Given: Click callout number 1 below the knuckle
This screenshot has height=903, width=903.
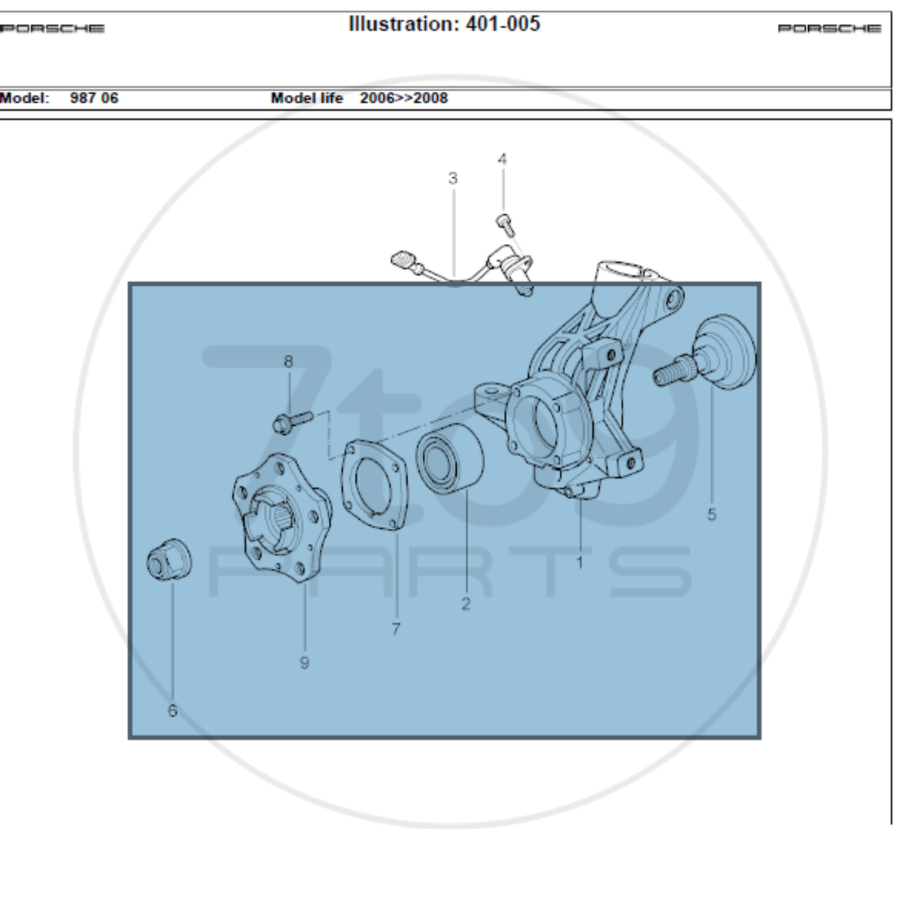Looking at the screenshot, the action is (579, 562).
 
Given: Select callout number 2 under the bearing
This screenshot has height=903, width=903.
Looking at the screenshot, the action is (465, 604).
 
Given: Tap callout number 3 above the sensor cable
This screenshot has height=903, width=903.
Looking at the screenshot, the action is (453, 178).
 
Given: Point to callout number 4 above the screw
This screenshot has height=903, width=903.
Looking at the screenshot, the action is (503, 160).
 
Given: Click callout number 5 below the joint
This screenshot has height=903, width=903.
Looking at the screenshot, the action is (711, 515).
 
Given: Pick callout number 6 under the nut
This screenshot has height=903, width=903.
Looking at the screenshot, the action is (172, 710).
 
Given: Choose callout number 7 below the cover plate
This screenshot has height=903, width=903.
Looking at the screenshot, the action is (396, 629).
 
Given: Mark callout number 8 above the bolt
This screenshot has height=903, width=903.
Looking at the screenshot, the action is (288, 361).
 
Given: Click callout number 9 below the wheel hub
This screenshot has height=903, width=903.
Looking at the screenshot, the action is (304, 663).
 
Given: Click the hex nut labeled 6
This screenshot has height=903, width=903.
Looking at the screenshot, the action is (169, 561).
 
